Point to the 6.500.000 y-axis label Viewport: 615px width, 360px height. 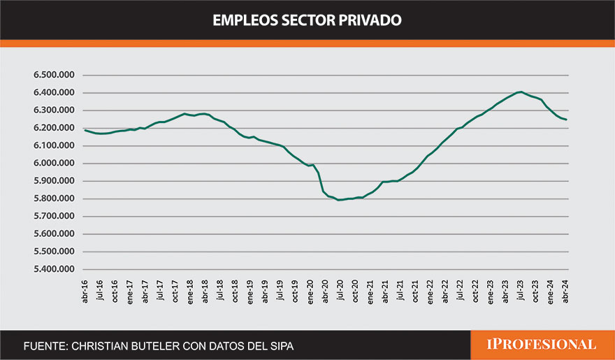click(x=54, y=75)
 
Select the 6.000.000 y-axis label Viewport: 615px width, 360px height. click(x=54, y=164)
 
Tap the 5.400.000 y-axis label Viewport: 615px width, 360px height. click(x=54, y=269)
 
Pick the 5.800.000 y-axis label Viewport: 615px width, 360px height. click(x=54, y=199)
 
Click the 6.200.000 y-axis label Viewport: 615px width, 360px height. click(x=54, y=128)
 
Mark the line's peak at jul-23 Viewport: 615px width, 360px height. click(x=520, y=92)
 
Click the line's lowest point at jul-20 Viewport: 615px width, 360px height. click(x=340, y=200)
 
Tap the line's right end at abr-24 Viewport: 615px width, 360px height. click(x=565, y=120)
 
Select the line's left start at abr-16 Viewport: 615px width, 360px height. click(x=85, y=130)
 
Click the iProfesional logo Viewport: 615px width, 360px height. click(x=542, y=345)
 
